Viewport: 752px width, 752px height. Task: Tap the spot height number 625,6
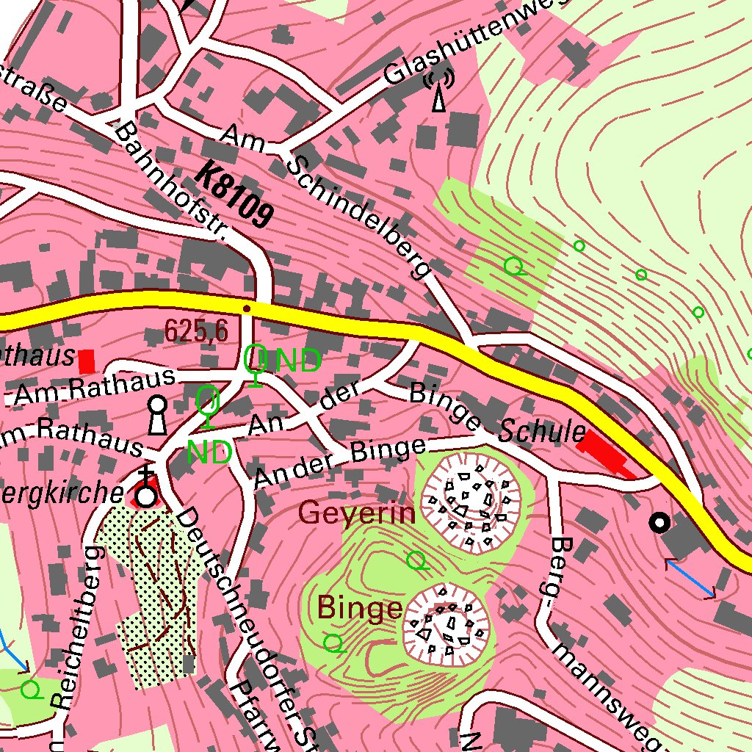195,331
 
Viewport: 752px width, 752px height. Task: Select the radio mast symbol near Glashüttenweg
439,91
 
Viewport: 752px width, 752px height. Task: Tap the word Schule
542,433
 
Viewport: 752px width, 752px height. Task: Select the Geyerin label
358,513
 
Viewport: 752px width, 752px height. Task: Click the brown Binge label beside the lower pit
359,608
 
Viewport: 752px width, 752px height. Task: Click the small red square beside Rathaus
87,361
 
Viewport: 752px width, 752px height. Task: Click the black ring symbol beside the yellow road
660,522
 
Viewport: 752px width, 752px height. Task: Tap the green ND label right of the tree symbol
298,361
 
